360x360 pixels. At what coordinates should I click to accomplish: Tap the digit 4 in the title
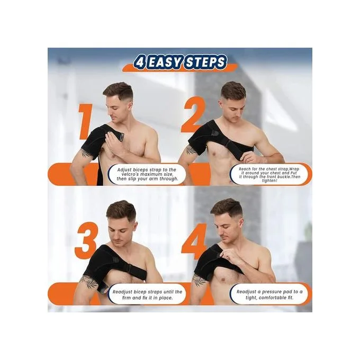pyautogui.click(x=140, y=62)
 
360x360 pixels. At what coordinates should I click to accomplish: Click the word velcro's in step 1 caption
pyautogui.click(x=128, y=174)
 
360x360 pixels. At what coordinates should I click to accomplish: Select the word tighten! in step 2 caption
pyautogui.click(x=269, y=181)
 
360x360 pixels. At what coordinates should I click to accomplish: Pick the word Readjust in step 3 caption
pyautogui.click(x=122, y=292)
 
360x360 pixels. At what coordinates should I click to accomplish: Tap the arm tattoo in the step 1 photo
pyautogui.click(x=85, y=153)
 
